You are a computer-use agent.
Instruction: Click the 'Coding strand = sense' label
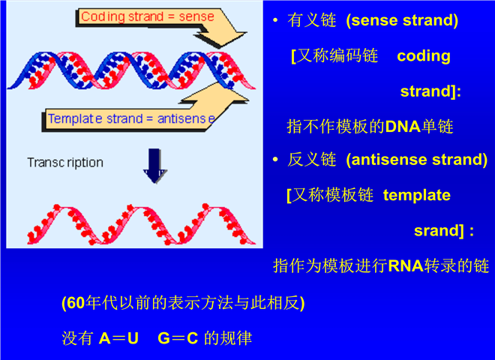[x=147, y=16]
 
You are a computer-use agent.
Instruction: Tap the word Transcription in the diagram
[x=65, y=162]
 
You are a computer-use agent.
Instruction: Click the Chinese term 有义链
[x=304, y=21]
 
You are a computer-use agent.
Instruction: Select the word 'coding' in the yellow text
[x=424, y=56]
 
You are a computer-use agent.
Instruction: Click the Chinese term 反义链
[x=304, y=160]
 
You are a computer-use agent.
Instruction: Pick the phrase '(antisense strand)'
[x=416, y=160]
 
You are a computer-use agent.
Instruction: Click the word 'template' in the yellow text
[x=416, y=195]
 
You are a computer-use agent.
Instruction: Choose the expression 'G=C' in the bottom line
[x=178, y=338]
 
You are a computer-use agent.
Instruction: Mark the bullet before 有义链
[x=276, y=21]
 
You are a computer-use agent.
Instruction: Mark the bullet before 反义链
[x=276, y=160]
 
